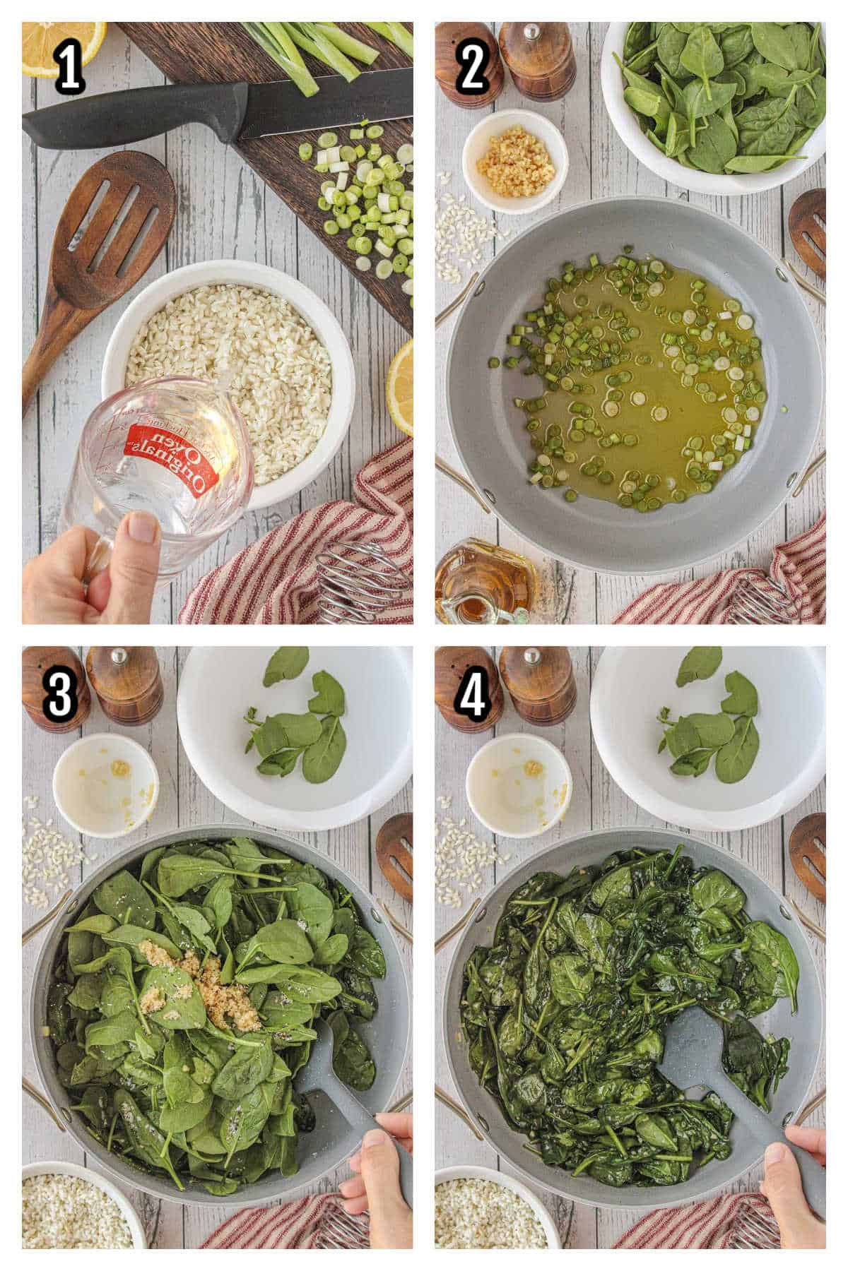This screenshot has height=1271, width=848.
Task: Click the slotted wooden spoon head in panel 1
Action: tap(120, 226)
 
